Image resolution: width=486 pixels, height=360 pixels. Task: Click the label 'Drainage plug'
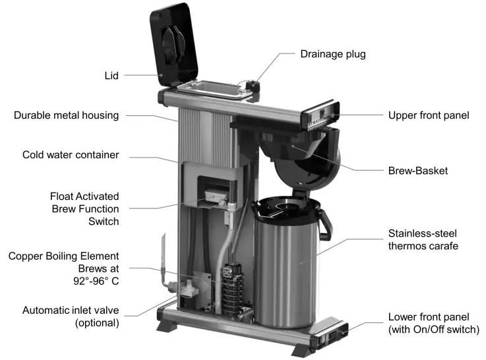click(x=334, y=53)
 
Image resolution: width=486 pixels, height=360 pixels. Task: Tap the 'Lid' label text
click(x=111, y=76)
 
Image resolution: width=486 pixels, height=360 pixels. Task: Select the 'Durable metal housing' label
click(x=66, y=115)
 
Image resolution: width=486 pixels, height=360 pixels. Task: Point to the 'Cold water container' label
click(x=71, y=155)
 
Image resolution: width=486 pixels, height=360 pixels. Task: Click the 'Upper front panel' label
click(x=428, y=115)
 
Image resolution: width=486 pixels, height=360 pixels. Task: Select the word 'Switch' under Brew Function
click(x=104, y=222)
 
